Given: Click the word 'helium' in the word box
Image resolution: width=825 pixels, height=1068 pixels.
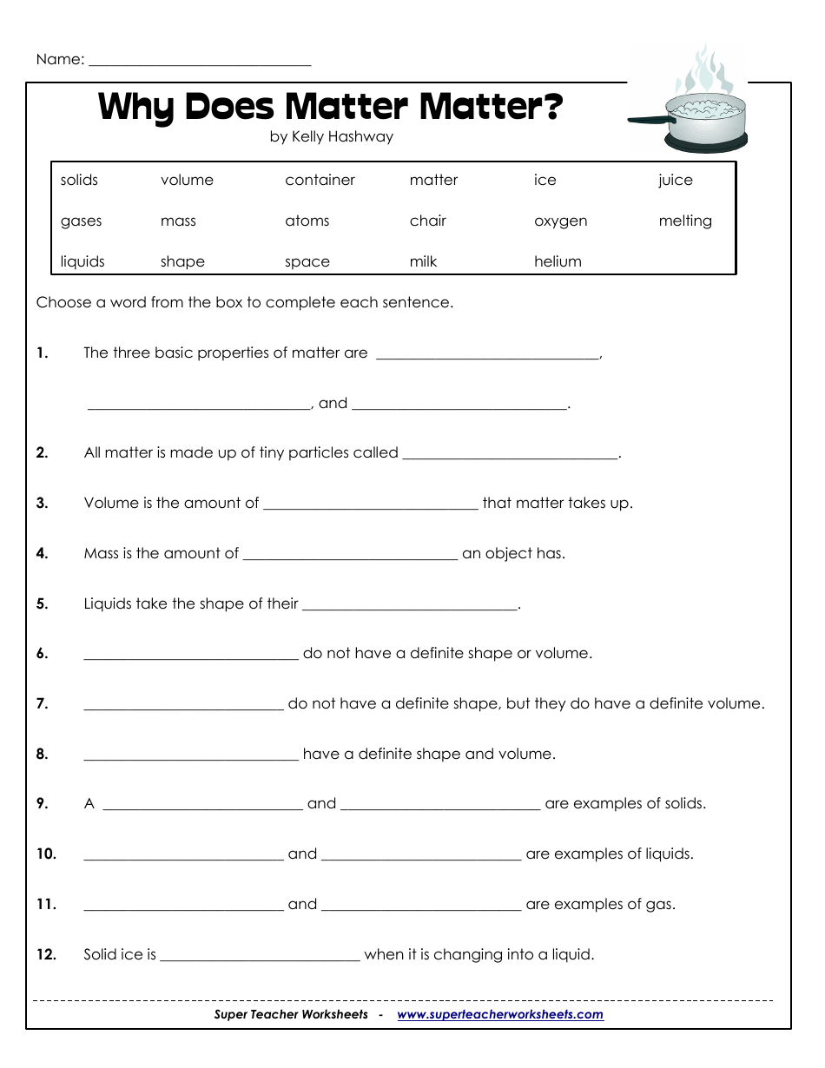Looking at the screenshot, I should [x=558, y=261].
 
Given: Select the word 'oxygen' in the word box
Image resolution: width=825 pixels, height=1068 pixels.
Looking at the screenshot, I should [x=560, y=221].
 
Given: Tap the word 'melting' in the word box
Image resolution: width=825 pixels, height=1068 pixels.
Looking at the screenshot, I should [x=684, y=221].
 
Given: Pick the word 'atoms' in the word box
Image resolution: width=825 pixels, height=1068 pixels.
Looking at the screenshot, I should [x=307, y=221].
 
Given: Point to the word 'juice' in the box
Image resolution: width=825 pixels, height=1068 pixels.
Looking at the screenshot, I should [x=675, y=181].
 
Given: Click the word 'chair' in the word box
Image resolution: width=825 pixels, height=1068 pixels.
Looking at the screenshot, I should [x=427, y=221].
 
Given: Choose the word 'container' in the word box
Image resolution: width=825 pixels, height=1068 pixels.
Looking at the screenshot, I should [x=320, y=181].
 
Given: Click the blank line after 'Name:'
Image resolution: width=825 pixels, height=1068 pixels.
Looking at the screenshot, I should [x=200, y=63].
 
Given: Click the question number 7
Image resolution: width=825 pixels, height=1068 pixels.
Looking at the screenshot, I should [x=42, y=704].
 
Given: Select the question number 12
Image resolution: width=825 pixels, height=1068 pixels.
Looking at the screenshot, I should [x=46, y=955].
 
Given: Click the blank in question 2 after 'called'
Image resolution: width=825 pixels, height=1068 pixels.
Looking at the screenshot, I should [x=511, y=455].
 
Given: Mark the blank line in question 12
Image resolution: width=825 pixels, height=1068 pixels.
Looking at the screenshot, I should [x=261, y=958].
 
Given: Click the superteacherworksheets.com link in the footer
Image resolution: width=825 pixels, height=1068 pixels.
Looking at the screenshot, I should [x=499, y=1014].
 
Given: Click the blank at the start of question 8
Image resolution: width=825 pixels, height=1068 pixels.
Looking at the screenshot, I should [x=191, y=756].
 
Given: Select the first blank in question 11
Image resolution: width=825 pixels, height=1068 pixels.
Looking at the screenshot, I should [x=183, y=907].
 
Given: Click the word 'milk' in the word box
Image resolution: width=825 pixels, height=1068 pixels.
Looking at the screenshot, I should [x=423, y=261].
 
